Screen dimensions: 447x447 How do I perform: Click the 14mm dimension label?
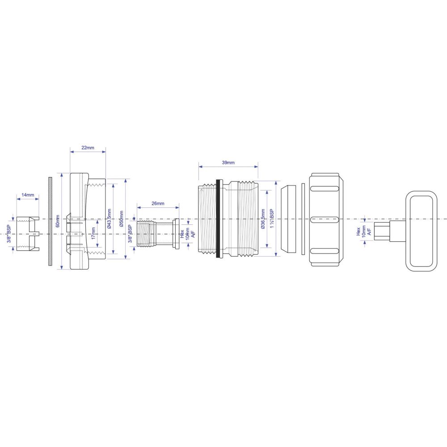(28, 195)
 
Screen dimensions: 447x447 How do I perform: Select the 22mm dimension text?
(88, 148)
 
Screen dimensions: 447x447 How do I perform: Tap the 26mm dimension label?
(158, 203)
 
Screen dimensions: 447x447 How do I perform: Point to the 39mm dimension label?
(228, 163)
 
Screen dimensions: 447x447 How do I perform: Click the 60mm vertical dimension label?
(58, 221)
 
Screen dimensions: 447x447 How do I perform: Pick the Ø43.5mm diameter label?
(109, 219)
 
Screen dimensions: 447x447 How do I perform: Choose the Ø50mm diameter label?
(122, 219)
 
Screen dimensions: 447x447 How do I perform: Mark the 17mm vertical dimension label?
(93, 233)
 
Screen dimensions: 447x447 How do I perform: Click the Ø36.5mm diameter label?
(263, 219)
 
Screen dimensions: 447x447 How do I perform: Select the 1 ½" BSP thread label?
(271, 219)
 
